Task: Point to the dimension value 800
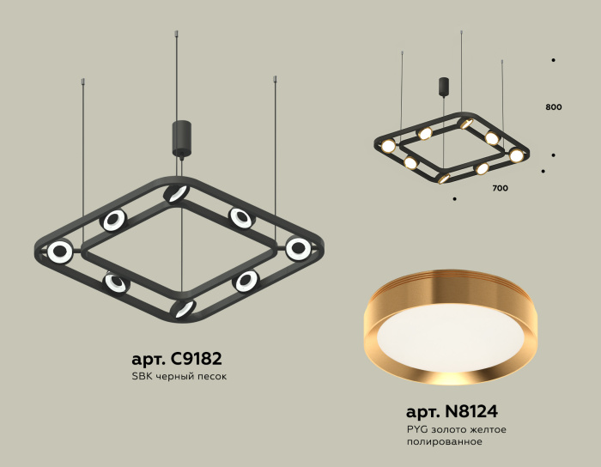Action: click(x=553, y=107)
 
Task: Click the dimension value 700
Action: click(x=501, y=187)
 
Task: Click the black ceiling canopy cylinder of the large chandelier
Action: click(x=181, y=137)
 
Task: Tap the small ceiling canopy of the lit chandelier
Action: click(x=444, y=87)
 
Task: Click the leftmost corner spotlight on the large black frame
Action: click(x=60, y=252)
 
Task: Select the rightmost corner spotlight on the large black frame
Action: click(x=298, y=249)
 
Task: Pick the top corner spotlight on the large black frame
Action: click(x=178, y=192)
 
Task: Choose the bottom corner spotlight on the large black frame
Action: click(x=183, y=309)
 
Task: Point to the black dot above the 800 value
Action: click(x=553, y=60)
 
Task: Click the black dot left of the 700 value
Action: click(x=453, y=199)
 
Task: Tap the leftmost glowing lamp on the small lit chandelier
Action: click(x=388, y=145)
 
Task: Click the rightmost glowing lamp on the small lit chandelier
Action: click(x=516, y=155)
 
